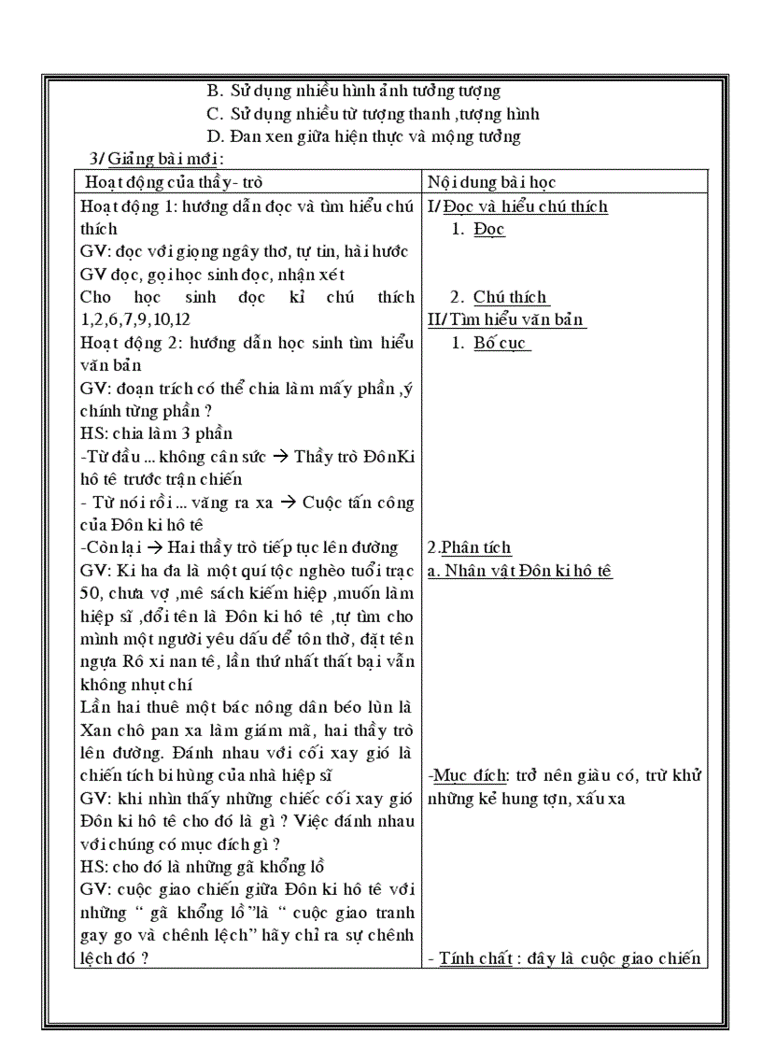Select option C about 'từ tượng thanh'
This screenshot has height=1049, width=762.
coord(373,114)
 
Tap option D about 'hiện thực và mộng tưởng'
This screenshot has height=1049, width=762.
coord(363,136)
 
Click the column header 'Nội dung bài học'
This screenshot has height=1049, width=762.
coord(492,182)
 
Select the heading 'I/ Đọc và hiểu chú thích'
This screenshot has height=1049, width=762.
coord(517,206)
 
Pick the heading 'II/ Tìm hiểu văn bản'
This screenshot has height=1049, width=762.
coord(506,319)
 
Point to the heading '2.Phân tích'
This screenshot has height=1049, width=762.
coord(470,547)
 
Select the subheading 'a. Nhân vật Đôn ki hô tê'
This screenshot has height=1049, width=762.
coord(519,571)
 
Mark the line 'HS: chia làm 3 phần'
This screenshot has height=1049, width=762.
coord(157,433)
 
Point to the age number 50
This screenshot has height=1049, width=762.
coord(92,594)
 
